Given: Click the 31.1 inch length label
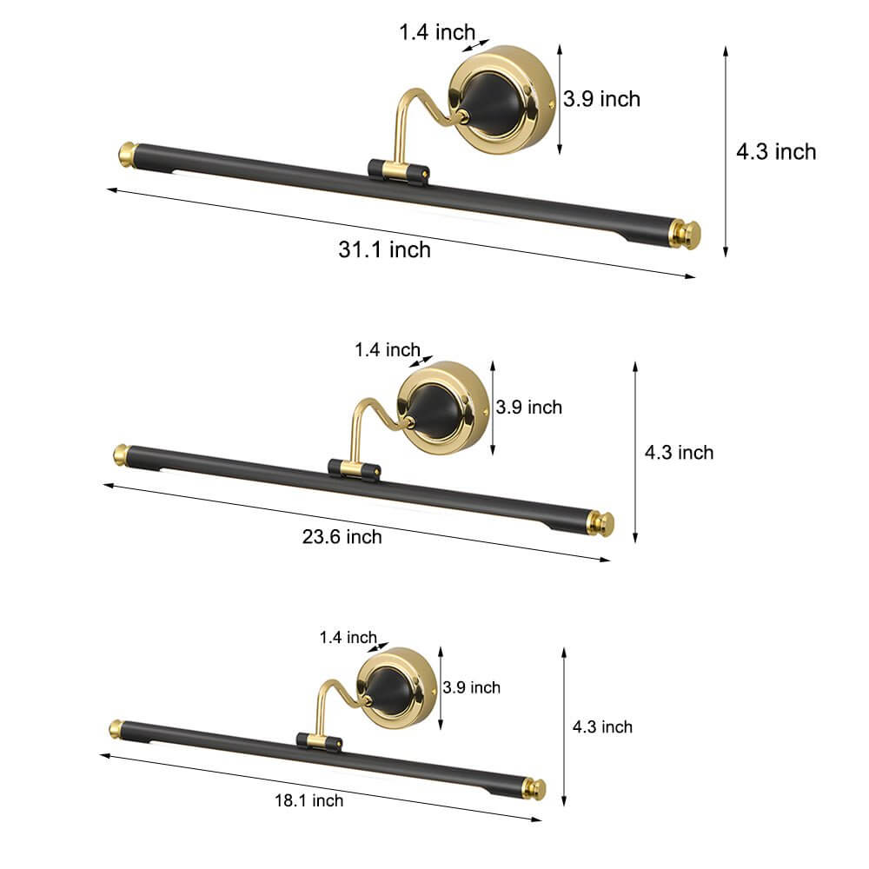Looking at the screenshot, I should click(x=384, y=250).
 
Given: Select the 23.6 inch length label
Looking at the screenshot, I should click(x=342, y=536).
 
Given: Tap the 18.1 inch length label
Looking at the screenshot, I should click(x=309, y=800).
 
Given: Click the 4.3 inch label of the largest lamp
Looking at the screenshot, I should click(x=776, y=152).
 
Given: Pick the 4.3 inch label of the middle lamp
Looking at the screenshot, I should click(x=679, y=452).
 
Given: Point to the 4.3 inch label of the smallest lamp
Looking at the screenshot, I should click(x=602, y=726).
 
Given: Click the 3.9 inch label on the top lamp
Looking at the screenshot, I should click(x=601, y=99).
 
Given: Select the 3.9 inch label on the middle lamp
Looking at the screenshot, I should click(x=529, y=407).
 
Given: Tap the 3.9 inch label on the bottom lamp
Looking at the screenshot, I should click(x=471, y=687).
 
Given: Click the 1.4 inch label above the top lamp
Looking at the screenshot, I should click(x=437, y=33).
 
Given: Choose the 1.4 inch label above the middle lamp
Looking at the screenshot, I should click(x=387, y=350).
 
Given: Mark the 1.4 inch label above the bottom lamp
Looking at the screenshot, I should click(x=348, y=637).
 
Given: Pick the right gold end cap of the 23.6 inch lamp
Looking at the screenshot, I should click(x=601, y=522).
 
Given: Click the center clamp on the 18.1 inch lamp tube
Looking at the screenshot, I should click(x=321, y=740).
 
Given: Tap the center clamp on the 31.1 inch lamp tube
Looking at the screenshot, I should click(x=397, y=169).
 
